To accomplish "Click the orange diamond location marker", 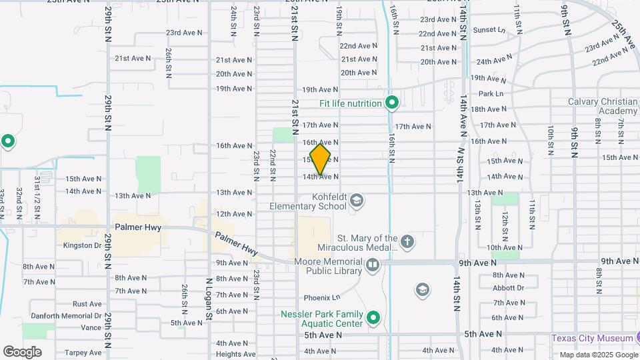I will pos(320,159).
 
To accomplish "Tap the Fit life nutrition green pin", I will pos(392,103).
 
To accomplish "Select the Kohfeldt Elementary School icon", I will pos(357,201).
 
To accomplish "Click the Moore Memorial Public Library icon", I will pos(372,266).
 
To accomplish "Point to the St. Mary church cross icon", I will pos(407,240).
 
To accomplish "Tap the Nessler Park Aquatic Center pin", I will pos(373,319).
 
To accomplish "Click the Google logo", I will pos(22,351).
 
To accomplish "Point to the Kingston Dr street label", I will pos(82,245).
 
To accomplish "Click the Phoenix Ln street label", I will pos(322,297).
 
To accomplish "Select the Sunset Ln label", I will pos(489,30).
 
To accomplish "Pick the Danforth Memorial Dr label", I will pos(66,316).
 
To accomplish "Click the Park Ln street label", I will pos(491,94).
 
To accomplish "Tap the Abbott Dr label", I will pos(508,288).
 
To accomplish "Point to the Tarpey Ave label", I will pos(83,353).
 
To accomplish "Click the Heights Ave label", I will pos(235,354).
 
